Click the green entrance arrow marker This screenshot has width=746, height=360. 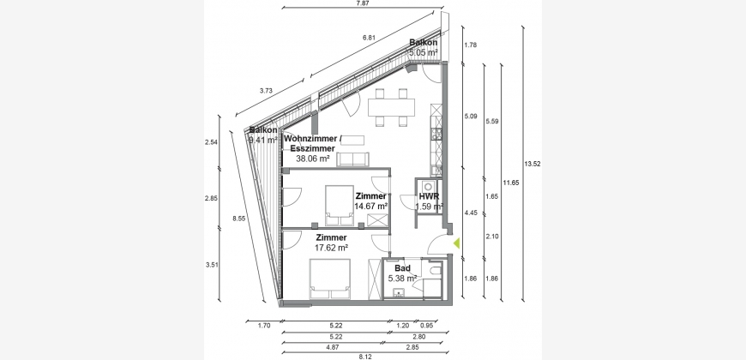tap(456, 243)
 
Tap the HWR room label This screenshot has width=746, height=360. tap(429, 197)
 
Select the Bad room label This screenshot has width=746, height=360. tap(402, 268)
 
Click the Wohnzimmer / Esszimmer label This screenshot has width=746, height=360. tap(313, 143)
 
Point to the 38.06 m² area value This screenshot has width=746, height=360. tap(313, 159)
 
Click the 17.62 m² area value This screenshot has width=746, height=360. tap(332, 248)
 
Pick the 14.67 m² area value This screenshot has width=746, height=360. tap(371, 207)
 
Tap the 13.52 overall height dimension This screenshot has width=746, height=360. tap(532, 164)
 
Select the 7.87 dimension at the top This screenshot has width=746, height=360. tap(363, 3)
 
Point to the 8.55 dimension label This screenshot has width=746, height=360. tap(239, 219)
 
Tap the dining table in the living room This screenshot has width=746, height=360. tap(391, 107)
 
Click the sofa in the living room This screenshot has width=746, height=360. tap(352, 159)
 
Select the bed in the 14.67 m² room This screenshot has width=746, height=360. tap(340, 206)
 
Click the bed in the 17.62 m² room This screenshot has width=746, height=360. tap(330, 279)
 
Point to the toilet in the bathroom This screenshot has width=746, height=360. tap(436, 272)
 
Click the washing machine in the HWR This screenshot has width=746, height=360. tap(428, 186)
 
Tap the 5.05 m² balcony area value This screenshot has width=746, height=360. tap(424, 53)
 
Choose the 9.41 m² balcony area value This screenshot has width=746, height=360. tap(263, 140)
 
